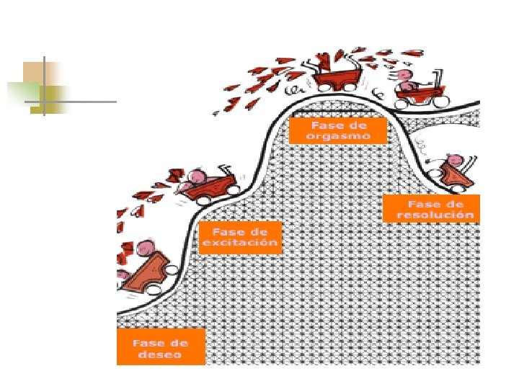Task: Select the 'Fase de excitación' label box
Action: point(240,237)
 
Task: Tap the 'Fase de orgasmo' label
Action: point(338,130)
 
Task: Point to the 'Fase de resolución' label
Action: point(431,209)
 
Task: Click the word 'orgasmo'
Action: point(338,135)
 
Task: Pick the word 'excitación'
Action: point(240,243)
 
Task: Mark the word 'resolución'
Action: point(439,215)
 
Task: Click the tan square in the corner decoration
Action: point(35,72)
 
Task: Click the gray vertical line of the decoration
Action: point(43,85)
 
